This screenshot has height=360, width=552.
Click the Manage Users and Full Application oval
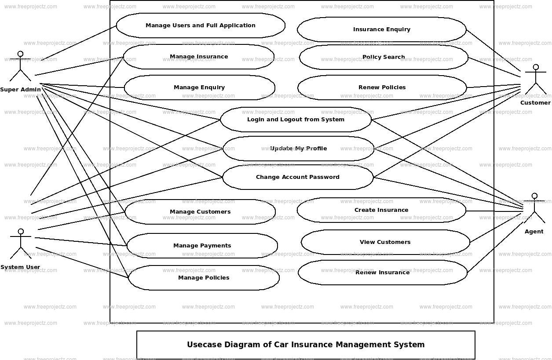click(201, 25)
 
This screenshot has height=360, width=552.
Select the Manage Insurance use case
click(199, 57)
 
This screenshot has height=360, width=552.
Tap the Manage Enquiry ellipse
click(199, 87)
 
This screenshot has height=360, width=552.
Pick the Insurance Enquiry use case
click(381, 29)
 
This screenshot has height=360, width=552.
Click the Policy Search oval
click(384, 57)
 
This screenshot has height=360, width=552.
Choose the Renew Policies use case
click(382, 87)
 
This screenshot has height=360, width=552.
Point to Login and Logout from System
click(296, 120)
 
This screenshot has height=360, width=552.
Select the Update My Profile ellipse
click(298, 149)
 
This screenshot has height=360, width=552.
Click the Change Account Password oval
click(298, 177)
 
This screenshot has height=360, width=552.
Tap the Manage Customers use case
click(200, 212)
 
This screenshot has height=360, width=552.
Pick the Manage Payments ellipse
click(202, 246)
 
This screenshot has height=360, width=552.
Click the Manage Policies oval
click(204, 278)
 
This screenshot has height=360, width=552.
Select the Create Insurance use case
click(381, 210)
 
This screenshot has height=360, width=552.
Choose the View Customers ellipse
click(385, 242)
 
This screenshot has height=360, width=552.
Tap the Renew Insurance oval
click(382, 273)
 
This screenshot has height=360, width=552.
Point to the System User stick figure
click(20, 244)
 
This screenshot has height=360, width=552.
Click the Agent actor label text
click(534, 232)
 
